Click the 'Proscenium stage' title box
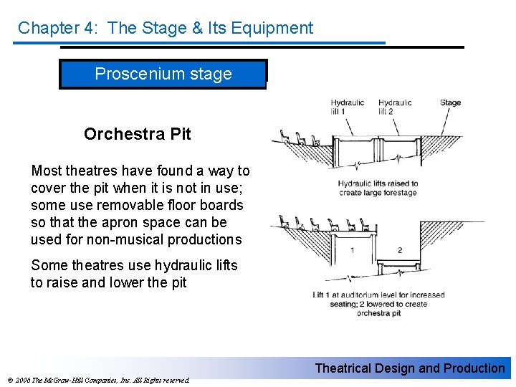click(x=163, y=74)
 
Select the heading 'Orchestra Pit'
click(x=137, y=134)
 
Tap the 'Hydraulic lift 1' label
click(x=348, y=106)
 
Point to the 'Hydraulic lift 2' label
click(x=394, y=106)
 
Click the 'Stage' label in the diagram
click(x=450, y=102)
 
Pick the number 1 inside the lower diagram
click(x=352, y=250)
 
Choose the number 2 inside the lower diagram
click(x=400, y=250)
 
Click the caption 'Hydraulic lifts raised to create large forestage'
click(x=378, y=188)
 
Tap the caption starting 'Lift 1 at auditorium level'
click(x=378, y=304)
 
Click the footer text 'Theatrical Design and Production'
click(x=410, y=368)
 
